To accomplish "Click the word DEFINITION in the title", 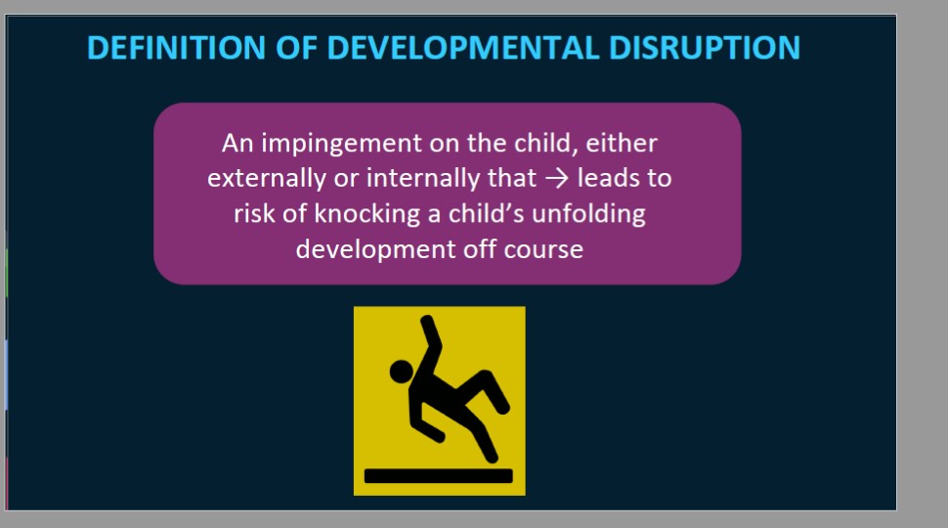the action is (x=176, y=48).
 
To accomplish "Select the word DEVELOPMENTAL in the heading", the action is (x=462, y=48).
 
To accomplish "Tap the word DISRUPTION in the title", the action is (x=705, y=48).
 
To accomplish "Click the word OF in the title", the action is (x=296, y=48).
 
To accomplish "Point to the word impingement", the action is (x=341, y=144).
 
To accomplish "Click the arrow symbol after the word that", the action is (x=556, y=179).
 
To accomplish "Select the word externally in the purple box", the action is (x=267, y=178).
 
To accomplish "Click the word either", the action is (x=622, y=144).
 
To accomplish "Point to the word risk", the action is (x=254, y=213).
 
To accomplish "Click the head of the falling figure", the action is (x=402, y=372).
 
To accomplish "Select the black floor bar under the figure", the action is (x=439, y=476).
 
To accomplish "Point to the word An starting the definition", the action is (x=237, y=144).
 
